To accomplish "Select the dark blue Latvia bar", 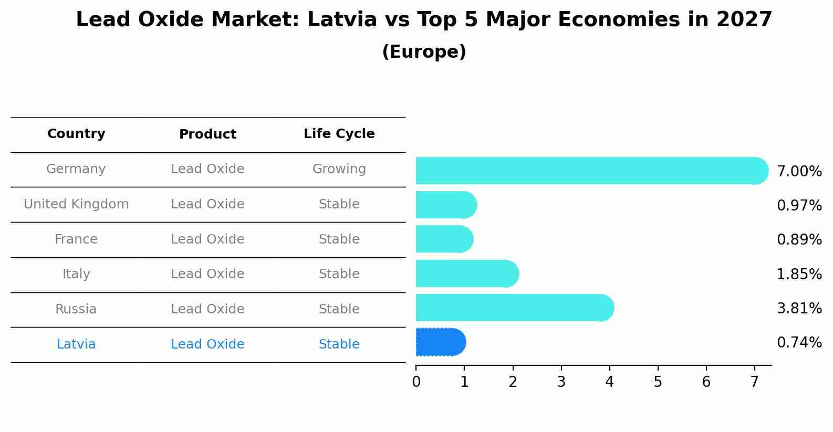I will pos(440,342).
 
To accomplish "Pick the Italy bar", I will pos(467,273).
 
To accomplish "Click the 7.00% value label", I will pos(799,172).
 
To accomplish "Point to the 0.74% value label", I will pos(799,343).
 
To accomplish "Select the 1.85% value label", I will pos(799,274).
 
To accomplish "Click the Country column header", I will pos(76,134).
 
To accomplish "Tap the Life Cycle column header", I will pos(339,134).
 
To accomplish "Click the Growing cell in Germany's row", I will pos(339,169).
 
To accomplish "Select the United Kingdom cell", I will pos(76,204).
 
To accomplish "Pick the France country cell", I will pos(76,239).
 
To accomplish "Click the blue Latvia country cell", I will pos(76,344).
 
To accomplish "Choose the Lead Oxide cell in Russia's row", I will pos(207,309).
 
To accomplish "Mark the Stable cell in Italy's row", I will pos(339,274).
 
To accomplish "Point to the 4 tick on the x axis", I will pos(609,382).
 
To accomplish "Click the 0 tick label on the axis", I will pos(416,382).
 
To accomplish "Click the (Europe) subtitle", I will pos(424,52).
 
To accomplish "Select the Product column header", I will pos(207,134).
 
